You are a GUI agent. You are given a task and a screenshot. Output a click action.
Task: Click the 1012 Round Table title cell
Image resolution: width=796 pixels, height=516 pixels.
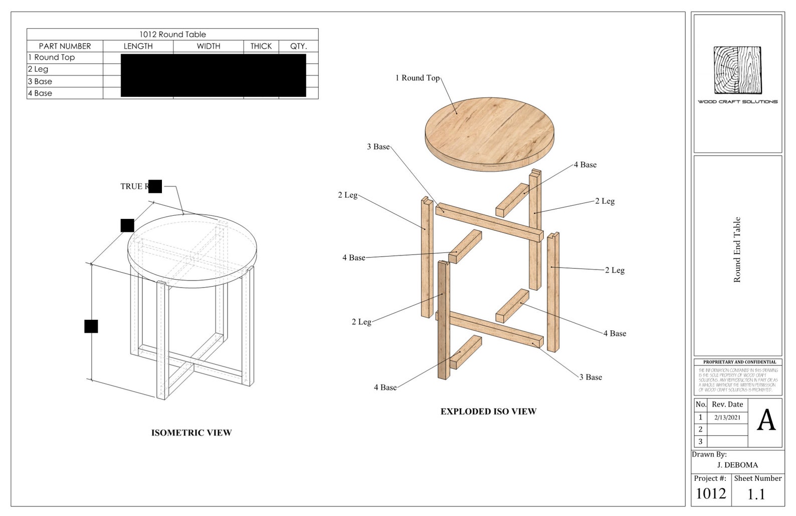click(172, 35)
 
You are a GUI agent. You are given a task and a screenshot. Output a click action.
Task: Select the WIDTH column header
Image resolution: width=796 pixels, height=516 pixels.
click(208, 46)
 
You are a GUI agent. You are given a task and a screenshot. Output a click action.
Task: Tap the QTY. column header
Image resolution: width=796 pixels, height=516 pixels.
click(298, 46)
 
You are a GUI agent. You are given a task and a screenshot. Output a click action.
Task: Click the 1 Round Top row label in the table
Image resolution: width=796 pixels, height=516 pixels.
click(52, 58)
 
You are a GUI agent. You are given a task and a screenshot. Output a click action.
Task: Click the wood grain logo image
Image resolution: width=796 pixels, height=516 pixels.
click(737, 70)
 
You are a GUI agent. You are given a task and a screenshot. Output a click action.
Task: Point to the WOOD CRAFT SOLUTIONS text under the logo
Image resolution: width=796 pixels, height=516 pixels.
click(737, 102)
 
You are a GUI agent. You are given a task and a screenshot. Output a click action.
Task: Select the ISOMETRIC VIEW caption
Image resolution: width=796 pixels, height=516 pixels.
click(191, 433)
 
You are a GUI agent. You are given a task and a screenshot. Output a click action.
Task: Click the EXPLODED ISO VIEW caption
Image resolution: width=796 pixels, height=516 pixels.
click(488, 412)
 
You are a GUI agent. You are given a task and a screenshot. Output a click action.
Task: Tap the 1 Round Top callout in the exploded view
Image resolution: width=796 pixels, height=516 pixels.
click(417, 78)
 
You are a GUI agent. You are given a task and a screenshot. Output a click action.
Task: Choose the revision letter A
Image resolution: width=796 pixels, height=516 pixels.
click(765, 421)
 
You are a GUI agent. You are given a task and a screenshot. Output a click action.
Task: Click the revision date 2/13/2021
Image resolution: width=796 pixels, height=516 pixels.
click(727, 417)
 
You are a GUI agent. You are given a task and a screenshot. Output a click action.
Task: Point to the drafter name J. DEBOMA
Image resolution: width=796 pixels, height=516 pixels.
click(737, 465)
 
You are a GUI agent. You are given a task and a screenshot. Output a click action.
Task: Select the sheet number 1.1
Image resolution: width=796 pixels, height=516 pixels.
click(756, 494)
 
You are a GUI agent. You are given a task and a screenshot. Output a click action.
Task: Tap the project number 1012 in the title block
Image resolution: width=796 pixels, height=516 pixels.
click(711, 494)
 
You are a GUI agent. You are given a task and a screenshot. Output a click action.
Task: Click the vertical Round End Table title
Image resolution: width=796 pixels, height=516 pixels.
click(737, 249)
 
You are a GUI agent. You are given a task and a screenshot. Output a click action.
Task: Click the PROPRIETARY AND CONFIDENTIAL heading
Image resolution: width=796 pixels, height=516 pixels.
click(739, 362)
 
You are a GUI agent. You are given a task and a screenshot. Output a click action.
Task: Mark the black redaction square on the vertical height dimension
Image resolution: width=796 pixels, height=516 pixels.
click(91, 326)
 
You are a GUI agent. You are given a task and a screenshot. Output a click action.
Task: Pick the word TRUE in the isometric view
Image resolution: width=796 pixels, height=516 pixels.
click(131, 186)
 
